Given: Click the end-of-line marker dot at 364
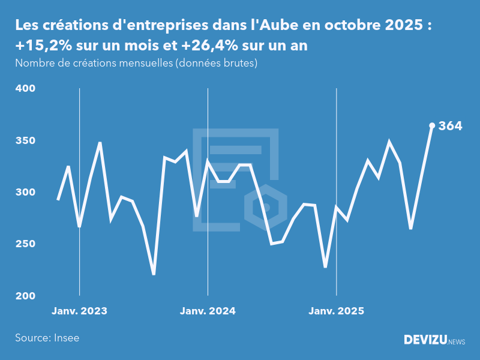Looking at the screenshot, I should coord(432,125).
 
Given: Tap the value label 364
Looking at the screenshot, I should coord(450,126).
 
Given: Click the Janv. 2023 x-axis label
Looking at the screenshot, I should coord(79,311).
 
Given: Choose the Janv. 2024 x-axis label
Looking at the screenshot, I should coord(208,311).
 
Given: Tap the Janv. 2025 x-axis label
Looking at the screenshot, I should coord(336,311).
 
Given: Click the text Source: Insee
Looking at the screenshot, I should coord(47,338).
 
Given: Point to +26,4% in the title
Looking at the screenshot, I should coord(214,46).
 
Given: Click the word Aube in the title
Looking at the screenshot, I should coord(281,26).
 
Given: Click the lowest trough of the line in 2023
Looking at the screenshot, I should coord(154,274).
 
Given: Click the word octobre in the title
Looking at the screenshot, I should coord(352,26).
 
